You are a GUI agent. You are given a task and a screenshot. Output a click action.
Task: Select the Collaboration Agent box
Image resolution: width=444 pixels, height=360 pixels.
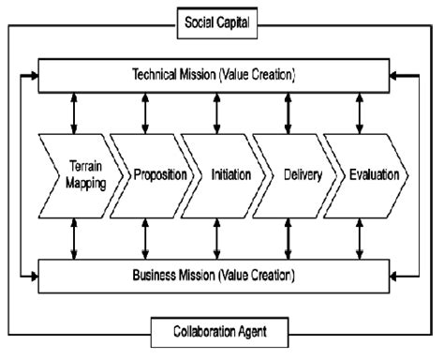[x=220, y=331]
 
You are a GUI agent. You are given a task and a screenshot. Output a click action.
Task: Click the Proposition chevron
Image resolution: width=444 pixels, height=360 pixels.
[x=146, y=175]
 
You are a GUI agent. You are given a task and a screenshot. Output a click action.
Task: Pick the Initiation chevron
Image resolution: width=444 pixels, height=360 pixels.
[x=217, y=175]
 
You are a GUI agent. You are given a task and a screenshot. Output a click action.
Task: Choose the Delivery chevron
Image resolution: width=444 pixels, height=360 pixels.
[x=288, y=175]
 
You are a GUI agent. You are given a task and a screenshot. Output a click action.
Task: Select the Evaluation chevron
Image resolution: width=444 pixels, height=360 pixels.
[x=366, y=175]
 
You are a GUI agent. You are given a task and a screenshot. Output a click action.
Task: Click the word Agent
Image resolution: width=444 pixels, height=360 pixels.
[x=258, y=331]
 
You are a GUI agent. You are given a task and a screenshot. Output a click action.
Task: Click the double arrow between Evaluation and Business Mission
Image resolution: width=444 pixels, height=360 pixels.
[x=360, y=239]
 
